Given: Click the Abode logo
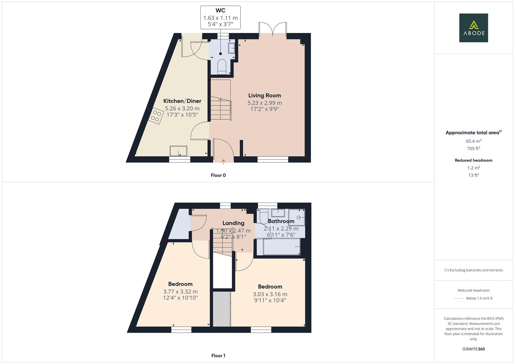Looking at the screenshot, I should pos(473,28).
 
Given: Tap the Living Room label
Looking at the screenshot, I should pos(264,95).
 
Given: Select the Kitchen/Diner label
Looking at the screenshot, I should pos(182,101).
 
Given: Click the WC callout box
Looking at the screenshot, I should pos(220,17).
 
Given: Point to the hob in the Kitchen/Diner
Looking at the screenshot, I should pos(156,116).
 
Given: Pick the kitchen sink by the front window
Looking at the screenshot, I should pos(178,151).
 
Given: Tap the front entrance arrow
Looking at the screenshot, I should pos(223,162).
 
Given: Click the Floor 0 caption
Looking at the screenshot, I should pos(218,175).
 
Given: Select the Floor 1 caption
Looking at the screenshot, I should pos(218,356).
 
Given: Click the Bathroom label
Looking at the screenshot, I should pos(281,221).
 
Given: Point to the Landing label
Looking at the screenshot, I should pos(233,223).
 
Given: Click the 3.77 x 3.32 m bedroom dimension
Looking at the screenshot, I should pos(180,292).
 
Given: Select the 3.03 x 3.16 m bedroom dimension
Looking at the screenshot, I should pos(270,294).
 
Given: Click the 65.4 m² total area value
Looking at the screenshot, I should pos(474,141).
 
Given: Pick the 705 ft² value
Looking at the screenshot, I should pos(474,148).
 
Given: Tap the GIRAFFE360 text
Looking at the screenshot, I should pos(474,349).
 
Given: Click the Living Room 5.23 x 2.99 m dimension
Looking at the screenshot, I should pos(264,103).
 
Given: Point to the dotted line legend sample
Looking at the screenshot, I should pos(459,298).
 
